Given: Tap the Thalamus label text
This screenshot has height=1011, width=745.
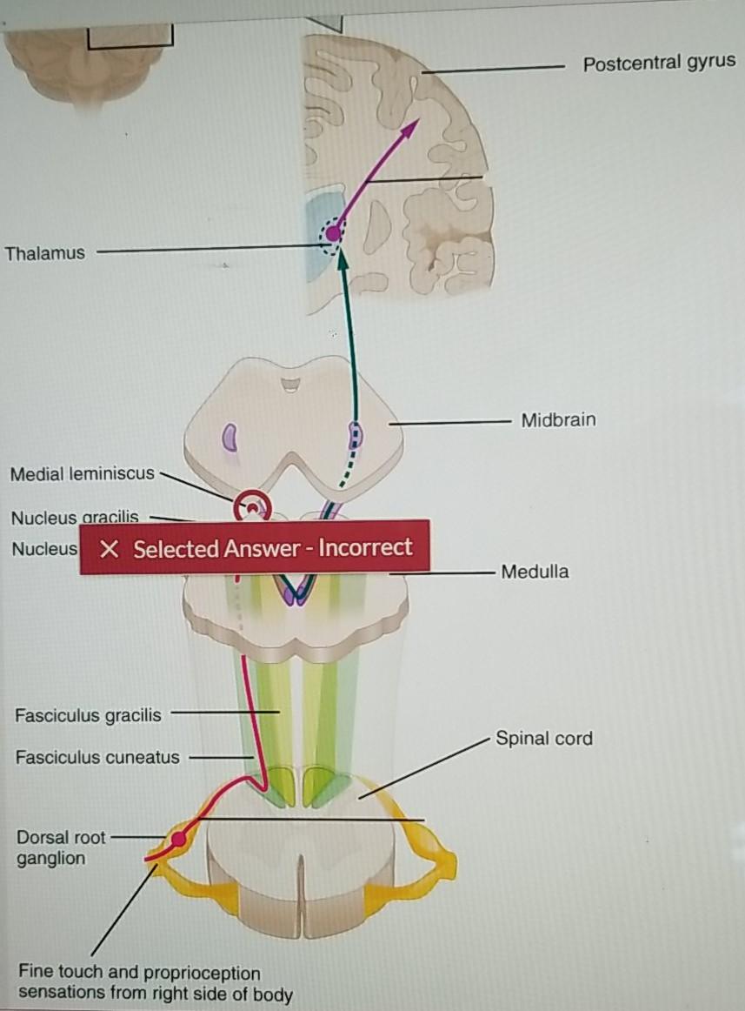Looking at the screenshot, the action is point(45,253).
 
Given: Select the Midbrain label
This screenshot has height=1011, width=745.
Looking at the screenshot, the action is point(558,420).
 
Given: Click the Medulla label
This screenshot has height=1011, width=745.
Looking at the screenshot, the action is point(535,572).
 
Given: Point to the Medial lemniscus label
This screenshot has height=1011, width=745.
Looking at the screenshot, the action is point(82,474).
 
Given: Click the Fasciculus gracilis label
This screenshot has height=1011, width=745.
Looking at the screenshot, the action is point(88,716).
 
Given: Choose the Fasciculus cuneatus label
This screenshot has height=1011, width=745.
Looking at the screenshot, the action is point(97,757).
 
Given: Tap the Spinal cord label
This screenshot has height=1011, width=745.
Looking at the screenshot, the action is point(543,739).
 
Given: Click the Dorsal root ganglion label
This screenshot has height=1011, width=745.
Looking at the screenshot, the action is point(60,847).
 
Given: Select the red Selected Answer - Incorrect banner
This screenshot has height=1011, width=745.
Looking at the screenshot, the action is point(255,548).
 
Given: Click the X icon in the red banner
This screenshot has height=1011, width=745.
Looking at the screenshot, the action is point(108,549).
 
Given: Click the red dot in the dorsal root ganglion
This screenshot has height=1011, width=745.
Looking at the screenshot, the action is point(178,840).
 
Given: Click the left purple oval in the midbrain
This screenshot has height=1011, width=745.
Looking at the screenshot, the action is point(230,435).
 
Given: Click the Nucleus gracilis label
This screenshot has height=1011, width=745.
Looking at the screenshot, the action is point(74,519).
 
